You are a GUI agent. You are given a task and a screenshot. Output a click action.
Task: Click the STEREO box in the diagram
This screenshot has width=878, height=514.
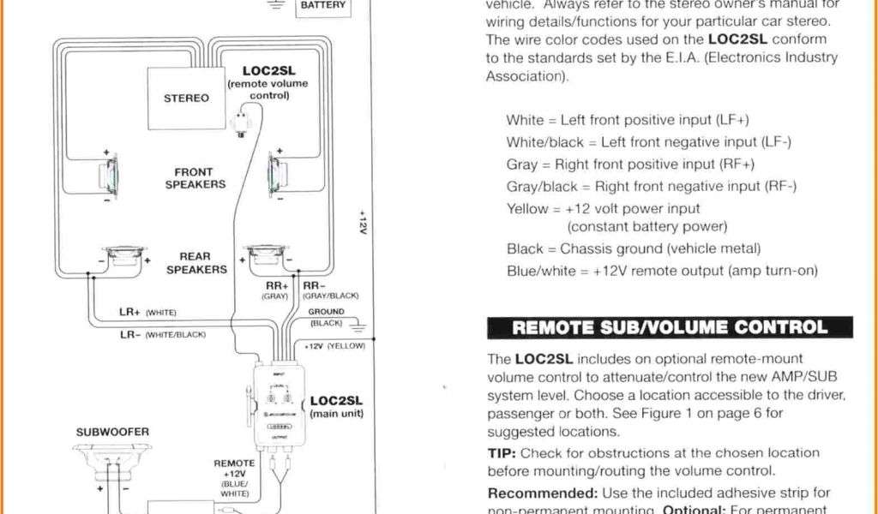(x=186, y=98)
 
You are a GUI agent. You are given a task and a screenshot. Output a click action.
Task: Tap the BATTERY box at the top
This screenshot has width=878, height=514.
(x=322, y=7)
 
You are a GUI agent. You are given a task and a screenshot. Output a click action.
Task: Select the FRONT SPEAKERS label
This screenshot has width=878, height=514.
(x=195, y=178)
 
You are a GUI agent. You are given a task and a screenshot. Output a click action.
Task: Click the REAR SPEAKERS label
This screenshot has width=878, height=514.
(x=195, y=263)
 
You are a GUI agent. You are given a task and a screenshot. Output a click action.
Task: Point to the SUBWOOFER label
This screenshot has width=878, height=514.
(x=112, y=432)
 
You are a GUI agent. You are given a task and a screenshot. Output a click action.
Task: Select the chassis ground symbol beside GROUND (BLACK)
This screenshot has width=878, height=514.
(x=358, y=326)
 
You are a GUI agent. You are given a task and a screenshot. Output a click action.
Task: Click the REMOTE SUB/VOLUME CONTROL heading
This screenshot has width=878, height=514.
(x=670, y=328)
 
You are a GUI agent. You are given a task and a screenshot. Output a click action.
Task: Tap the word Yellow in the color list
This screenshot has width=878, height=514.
(x=526, y=208)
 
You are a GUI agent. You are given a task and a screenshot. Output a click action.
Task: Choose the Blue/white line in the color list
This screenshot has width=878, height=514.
(x=662, y=271)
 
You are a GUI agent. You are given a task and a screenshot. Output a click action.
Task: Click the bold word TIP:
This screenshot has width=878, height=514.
(x=502, y=452)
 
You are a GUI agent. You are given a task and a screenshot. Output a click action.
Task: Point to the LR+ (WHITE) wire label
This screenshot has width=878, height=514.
(x=147, y=313)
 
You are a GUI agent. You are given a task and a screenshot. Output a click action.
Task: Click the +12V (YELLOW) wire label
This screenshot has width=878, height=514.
(x=335, y=346)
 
